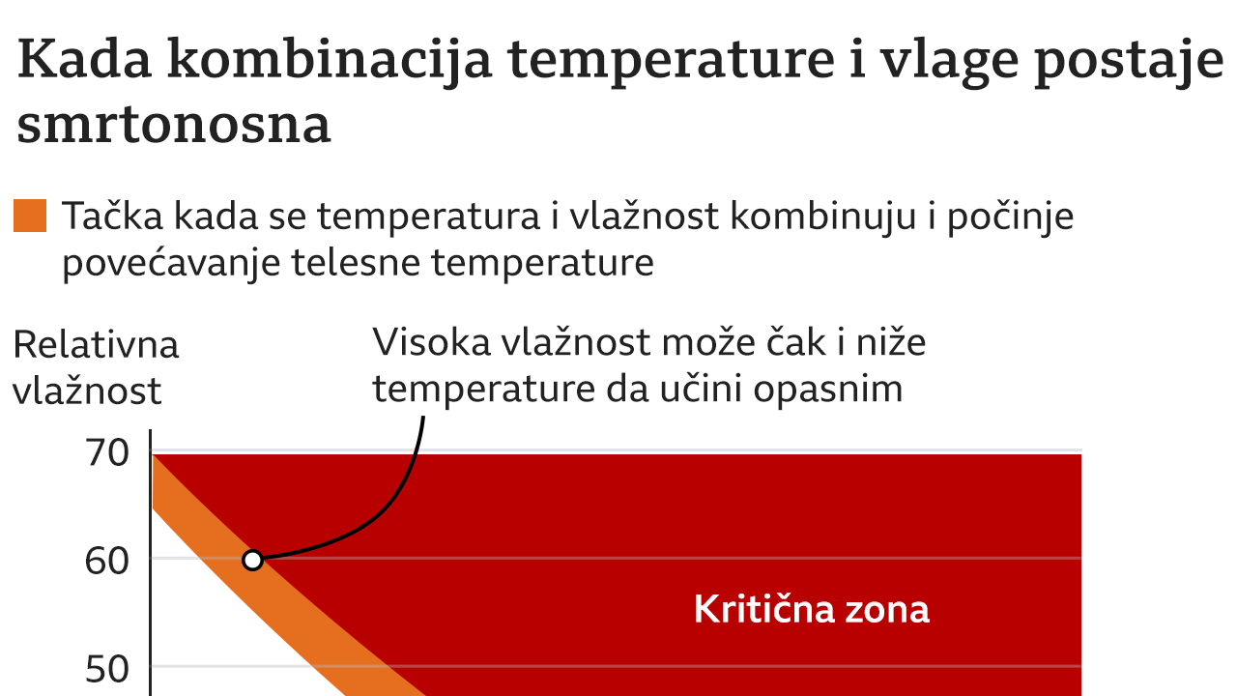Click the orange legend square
click(x=30, y=217)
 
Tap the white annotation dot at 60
click(x=252, y=560)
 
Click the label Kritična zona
click(x=812, y=609)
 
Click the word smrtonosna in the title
click(x=174, y=125)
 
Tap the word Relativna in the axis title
click(x=97, y=345)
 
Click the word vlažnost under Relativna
click(x=87, y=391)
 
